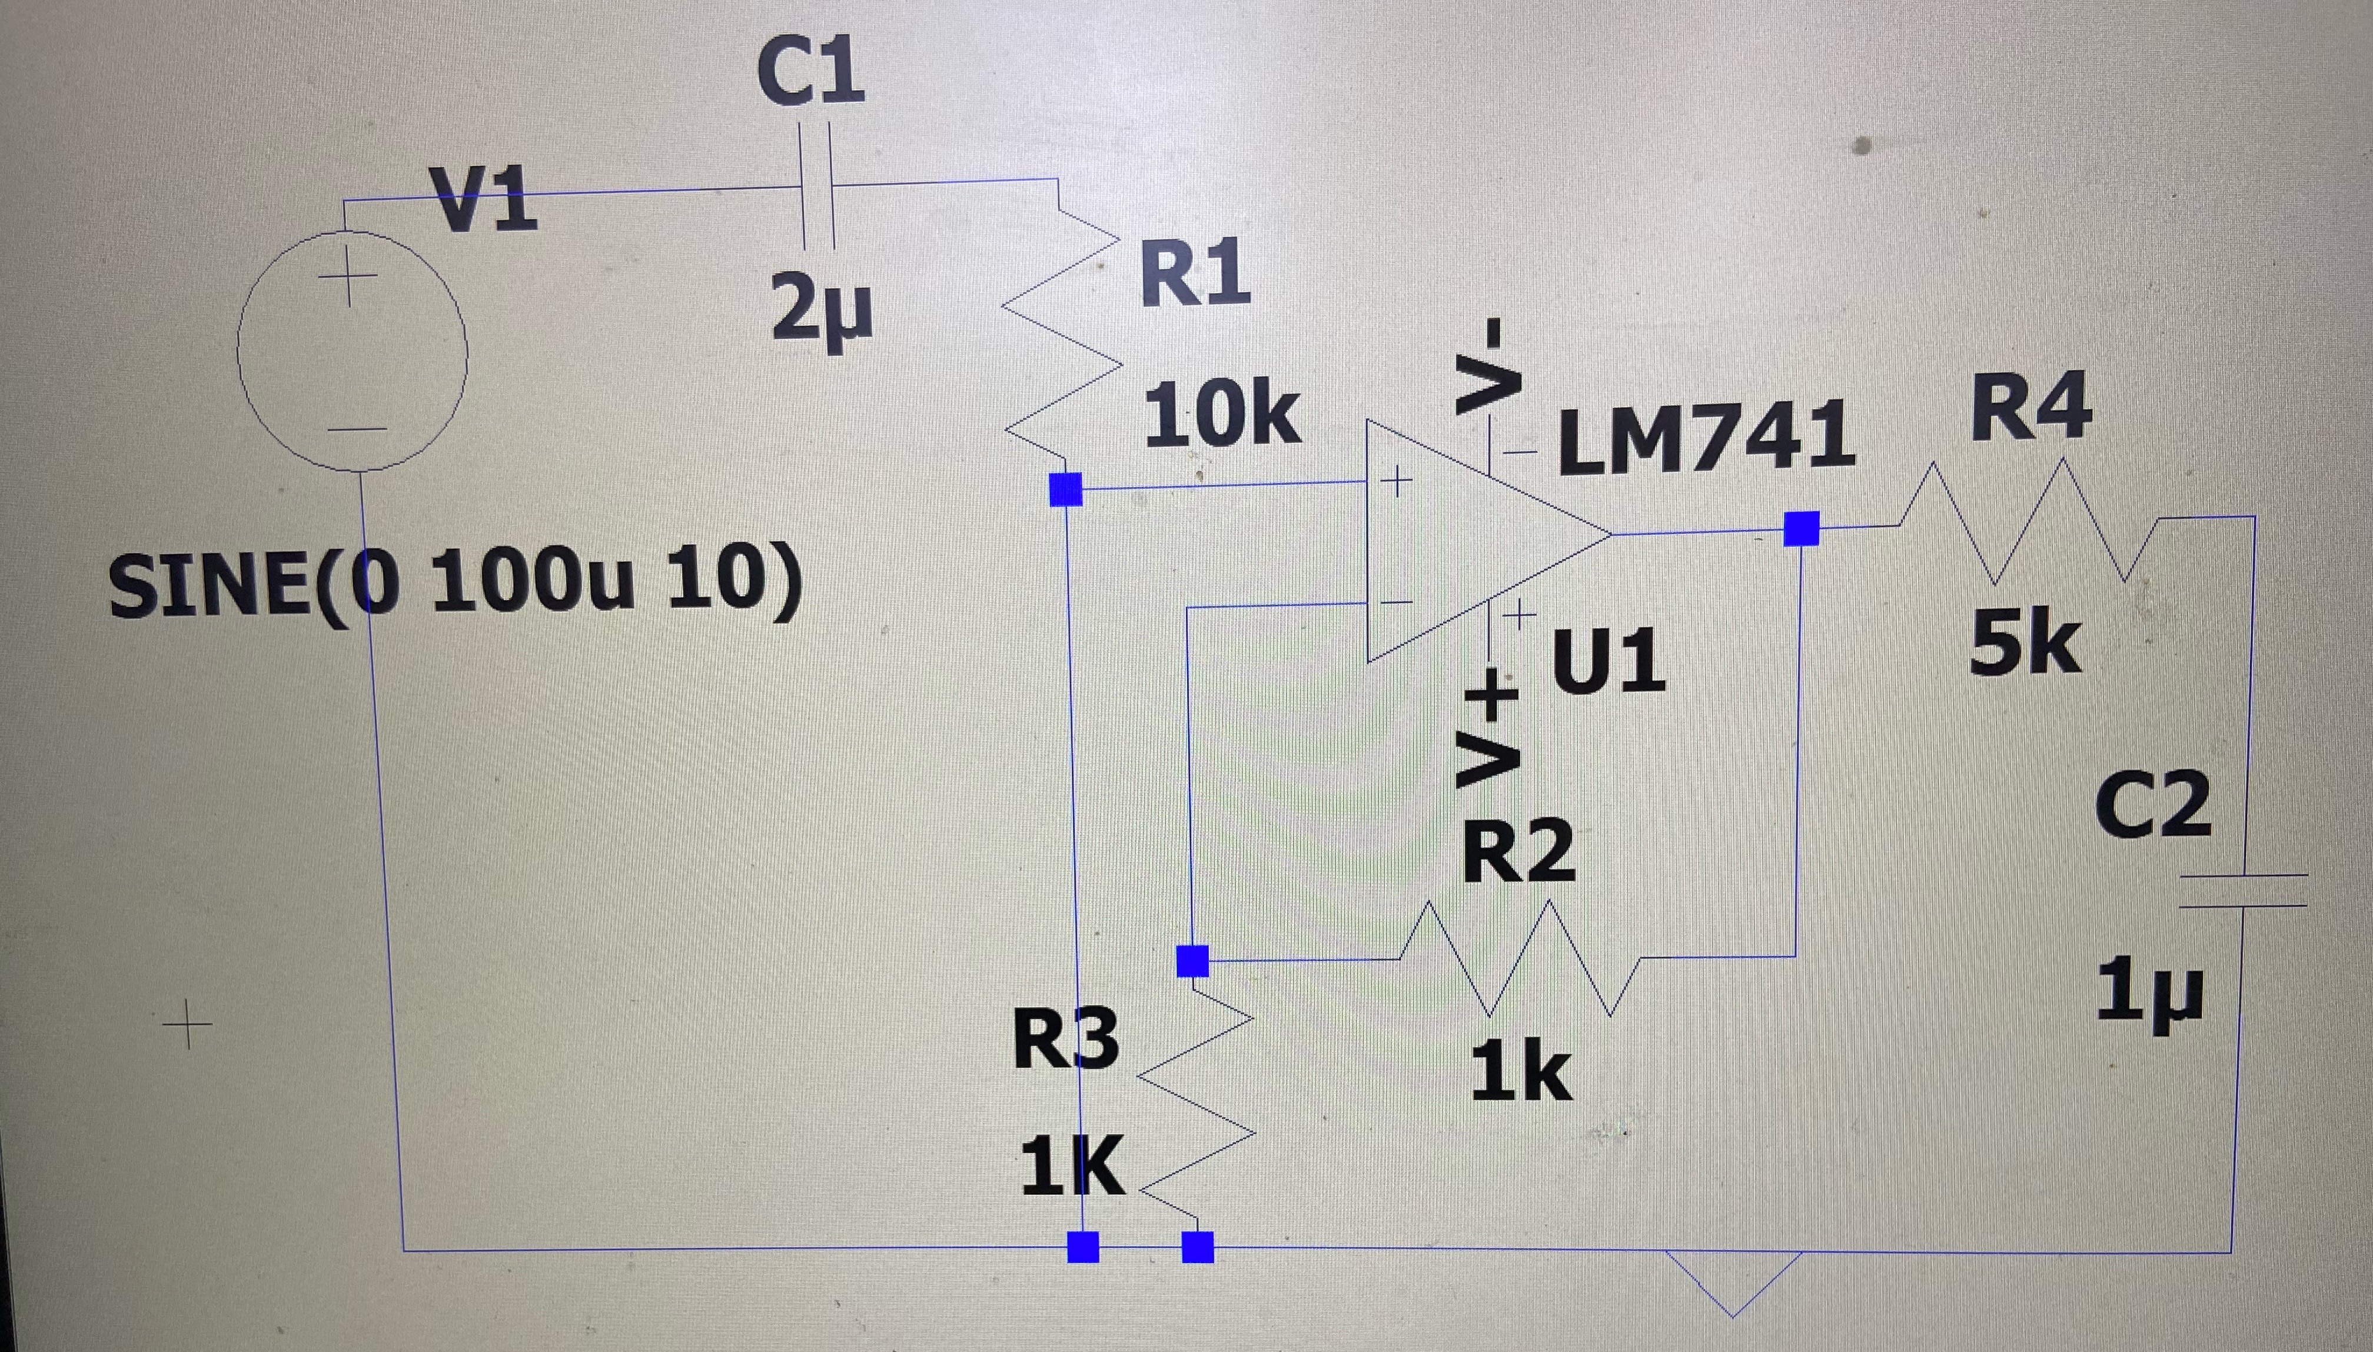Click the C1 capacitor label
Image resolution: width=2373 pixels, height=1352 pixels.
(x=810, y=72)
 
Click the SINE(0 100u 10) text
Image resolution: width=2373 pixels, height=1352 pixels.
(x=454, y=585)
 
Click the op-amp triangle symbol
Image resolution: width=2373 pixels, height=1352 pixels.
(x=1467, y=538)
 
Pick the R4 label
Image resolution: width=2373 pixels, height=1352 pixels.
(x=2031, y=407)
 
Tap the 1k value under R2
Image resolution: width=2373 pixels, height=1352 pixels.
(x=1520, y=1071)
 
